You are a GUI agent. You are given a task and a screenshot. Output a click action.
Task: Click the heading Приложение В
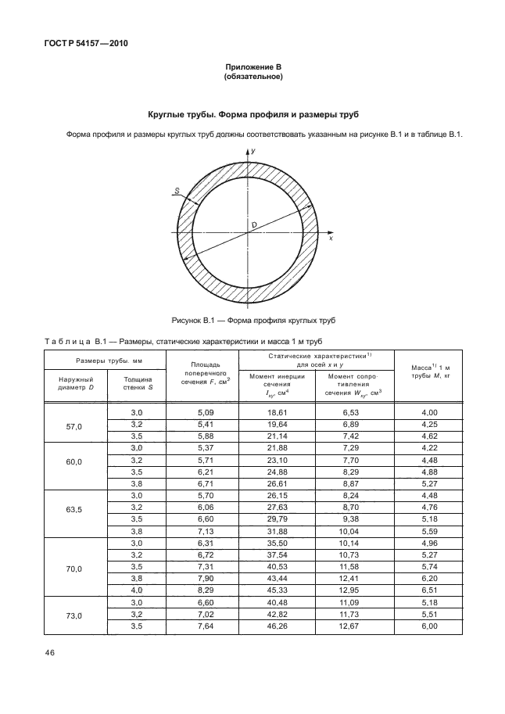[x=252, y=68]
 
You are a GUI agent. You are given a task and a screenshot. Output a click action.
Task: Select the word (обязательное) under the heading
[x=252, y=78]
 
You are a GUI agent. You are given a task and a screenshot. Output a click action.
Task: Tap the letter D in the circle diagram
[x=255, y=227]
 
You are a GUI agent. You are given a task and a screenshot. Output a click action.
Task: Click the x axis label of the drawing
[x=331, y=238]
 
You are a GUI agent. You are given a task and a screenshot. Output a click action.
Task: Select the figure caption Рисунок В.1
[x=252, y=321]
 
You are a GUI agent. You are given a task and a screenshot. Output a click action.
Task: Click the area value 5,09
[x=202, y=411]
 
